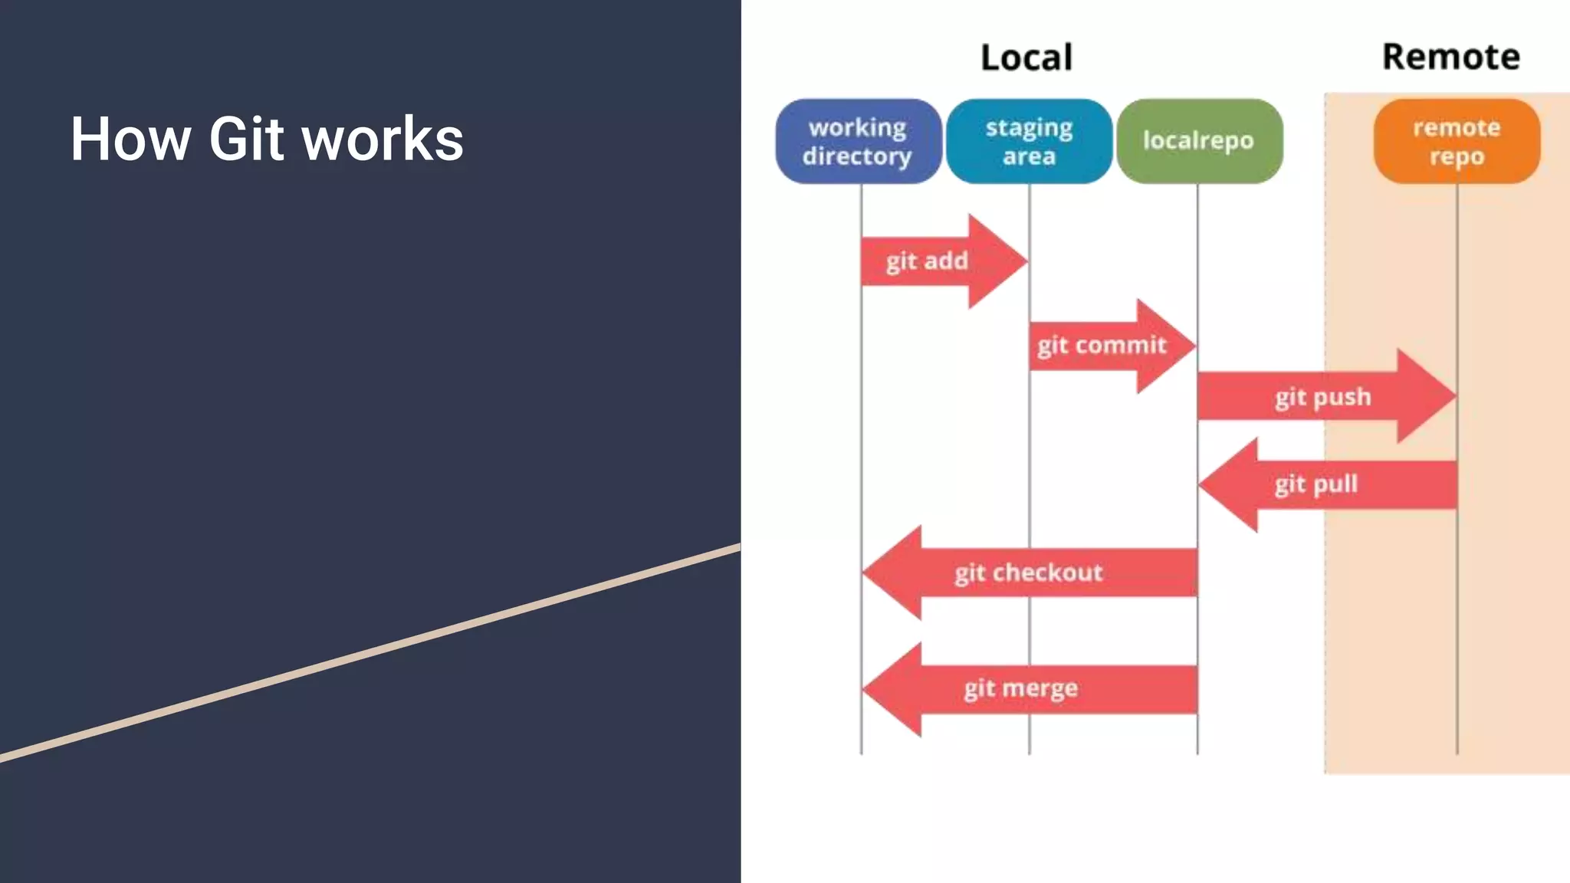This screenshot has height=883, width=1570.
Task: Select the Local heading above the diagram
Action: coord(1026,57)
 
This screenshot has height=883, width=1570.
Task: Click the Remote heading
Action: coord(1450,57)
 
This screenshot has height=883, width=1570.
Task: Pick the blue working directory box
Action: coord(858,141)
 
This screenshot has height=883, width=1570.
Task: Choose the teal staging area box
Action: coord(1029,141)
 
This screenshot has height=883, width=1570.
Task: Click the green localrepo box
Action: coord(1198,140)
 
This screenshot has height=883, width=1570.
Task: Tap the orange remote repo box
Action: coord(1457,141)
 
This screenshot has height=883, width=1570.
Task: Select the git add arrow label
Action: coord(927,261)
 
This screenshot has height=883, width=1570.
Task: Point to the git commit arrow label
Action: coord(1102,346)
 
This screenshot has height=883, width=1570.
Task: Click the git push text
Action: coord(1323,397)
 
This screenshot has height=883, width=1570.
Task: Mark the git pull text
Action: coord(1315,484)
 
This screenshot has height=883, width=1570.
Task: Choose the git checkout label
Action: coord(1028,573)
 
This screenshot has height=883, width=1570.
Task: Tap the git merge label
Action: coord(1020,688)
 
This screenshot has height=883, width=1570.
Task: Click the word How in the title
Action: coord(130,139)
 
